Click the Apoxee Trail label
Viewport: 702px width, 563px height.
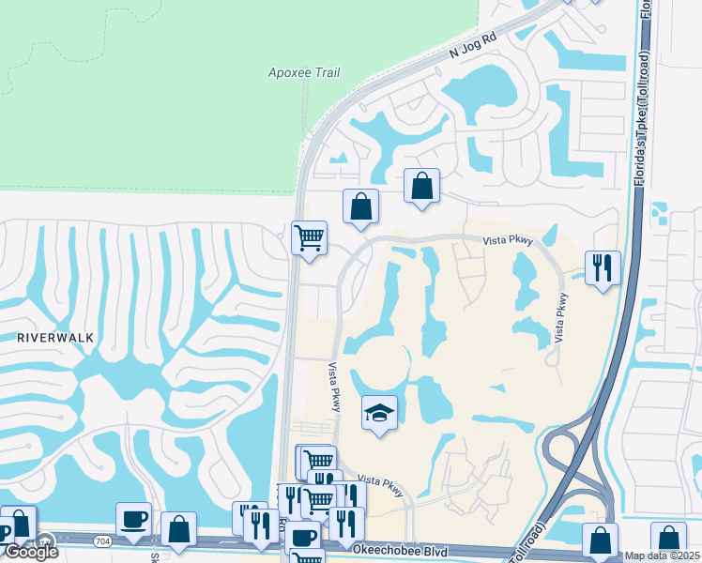pyautogui.click(x=303, y=72)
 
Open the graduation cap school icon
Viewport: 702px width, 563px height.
pyautogui.click(x=379, y=414)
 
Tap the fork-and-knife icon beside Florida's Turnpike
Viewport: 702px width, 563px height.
pyautogui.click(x=602, y=267)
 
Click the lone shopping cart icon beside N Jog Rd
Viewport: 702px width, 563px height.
pyautogui.click(x=309, y=237)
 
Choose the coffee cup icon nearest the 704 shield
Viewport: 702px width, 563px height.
pyautogui.click(x=133, y=519)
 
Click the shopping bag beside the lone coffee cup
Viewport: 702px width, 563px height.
pyautogui.click(x=178, y=529)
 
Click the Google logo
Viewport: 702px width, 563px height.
pyautogui.click(x=31, y=552)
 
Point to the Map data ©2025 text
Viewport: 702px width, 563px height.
pyautogui.click(x=663, y=555)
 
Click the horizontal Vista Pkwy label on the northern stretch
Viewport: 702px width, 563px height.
pyautogui.click(x=508, y=240)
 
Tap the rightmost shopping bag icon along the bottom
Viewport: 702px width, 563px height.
pyautogui.click(x=667, y=540)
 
